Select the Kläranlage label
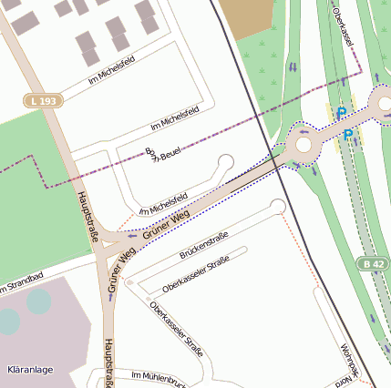point(30,370)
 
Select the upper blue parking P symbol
point(342,114)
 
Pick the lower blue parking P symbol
point(348,135)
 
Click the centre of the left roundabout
point(304,144)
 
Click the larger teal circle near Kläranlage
point(38,301)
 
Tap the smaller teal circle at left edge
point(6,321)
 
